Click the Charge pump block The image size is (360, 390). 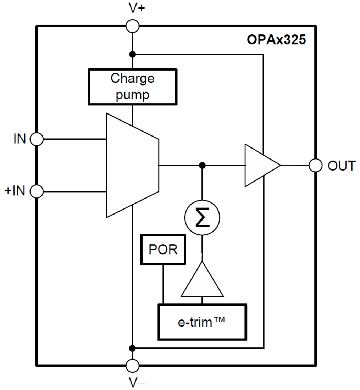click(x=132, y=87)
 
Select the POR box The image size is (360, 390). click(x=163, y=250)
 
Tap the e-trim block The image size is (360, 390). click(x=202, y=322)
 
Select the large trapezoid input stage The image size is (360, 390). click(x=132, y=165)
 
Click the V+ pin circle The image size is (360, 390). click(x=133, y=26)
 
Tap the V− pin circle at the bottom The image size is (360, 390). click(x=133, y=365)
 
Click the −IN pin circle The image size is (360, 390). click(x=37, y=139)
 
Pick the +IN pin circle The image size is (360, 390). click(x=37, y=191)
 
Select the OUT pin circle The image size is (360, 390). click(x=315, y=165)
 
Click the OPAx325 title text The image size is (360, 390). click(x=276, y=40)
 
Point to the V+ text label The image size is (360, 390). click(x=137, y=8)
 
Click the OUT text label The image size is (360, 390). click(x=341, y=166)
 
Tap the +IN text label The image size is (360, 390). click(x=15, y=191)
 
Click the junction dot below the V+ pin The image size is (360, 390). click(x=132, y=54)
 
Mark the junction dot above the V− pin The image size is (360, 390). click(x=132, y=348)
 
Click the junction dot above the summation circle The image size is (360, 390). click(x=202, y=165)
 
